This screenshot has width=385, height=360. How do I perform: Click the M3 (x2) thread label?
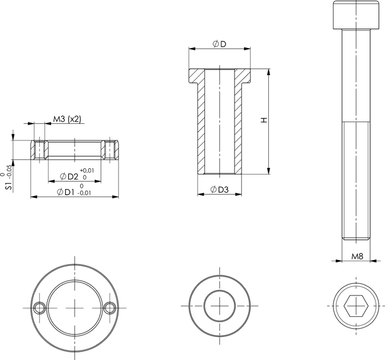click(67, 119)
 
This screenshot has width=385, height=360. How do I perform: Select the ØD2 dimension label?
click(69, 176)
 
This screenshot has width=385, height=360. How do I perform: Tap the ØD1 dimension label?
click(66, 192)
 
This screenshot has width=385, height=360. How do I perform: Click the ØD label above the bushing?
click(219, 44)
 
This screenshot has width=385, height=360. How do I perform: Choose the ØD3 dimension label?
click(220, 189)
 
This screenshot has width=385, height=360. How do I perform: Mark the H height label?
click(264, 120)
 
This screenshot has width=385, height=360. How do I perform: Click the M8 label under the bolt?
click(357, 256)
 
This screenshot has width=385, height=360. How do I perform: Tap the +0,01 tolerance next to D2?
click(87, 171)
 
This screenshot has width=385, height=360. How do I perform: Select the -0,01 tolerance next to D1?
click(84, 193)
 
